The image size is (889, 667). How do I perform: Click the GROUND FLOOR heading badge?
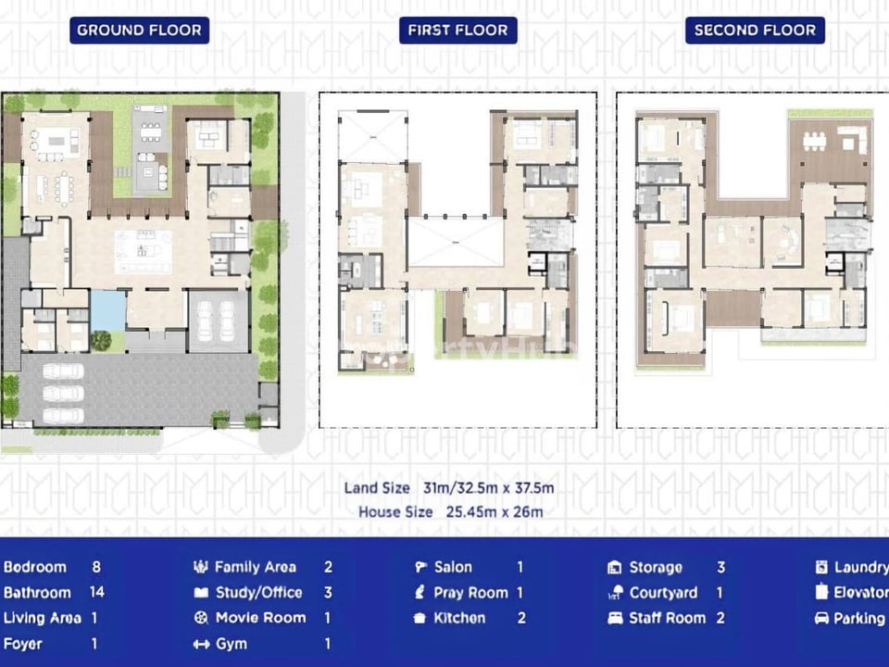click(x=139, y=30)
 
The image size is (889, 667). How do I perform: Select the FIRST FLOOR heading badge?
click(x=457, y=30)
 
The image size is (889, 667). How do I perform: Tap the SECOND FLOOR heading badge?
click(x=755, y=30)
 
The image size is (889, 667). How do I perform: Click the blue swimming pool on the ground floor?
click(x=108, y=310)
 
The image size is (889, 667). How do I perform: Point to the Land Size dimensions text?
click(x=449, y=488)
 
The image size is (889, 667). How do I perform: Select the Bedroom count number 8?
click(x=96, y=567)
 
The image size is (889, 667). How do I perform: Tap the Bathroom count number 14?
click(x=96, y=592)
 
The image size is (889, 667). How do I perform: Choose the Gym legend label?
click(x=231, y=644)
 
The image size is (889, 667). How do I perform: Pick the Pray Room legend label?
click(x=470, y=592)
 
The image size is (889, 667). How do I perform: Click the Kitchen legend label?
click(x=459, y=618)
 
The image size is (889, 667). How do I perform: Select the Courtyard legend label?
click(x=663, y=592)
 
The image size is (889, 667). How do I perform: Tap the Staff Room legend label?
click(x=667, y=618)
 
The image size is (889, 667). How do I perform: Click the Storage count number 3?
click(x=720, y=567)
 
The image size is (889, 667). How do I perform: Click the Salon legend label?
click(x=453, y=567)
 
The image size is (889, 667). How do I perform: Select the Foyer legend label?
click(x=22, y=644)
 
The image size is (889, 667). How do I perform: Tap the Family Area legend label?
click(x=255, y=567)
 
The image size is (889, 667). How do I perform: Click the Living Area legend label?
click(x=42, y=618)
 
